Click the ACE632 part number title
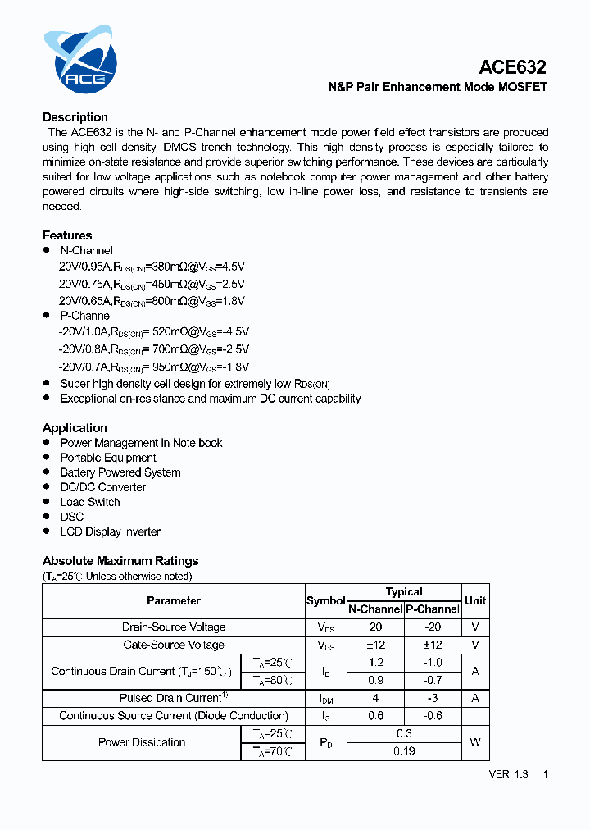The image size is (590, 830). (512, 67)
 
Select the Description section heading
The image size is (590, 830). (75, 117)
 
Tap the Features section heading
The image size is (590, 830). (67, 235)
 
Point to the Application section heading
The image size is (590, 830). (75, 428)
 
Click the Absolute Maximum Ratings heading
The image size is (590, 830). (120, 561)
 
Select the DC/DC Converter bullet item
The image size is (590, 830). (103, 487)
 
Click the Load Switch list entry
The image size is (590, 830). (90, 502)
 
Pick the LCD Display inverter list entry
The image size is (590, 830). (111, 531)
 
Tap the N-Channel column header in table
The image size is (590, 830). (375, 609)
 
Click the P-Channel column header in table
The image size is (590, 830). (433, 609)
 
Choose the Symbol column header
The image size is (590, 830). (325, 600)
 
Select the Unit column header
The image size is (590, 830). (475, 600)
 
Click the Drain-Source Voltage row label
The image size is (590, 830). (174, 627)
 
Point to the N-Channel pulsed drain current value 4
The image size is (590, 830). (375, 698)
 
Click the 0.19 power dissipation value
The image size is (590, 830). (404, 751)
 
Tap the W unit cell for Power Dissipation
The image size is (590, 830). (475, 742)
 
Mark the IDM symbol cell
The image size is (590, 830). (325, 699)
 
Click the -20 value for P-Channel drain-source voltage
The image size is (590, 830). (433, 627)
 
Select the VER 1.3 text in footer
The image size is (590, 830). (508, 773)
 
